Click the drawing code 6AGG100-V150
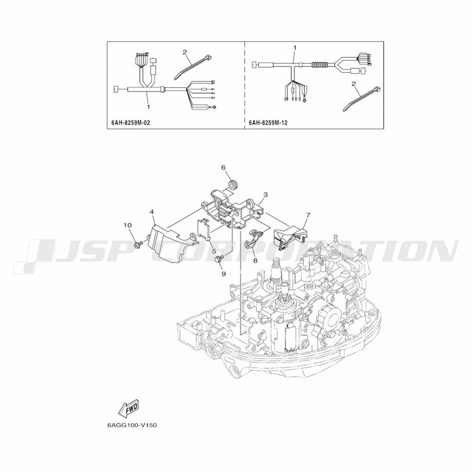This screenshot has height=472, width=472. pyautogui.click(x=132, y=425)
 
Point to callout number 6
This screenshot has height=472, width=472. pyautogui.click(x=224, y=168)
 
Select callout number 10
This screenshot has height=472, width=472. pyautogui.click(x=127, y=225)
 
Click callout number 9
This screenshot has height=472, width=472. pyautogui.click(x=224, y=274)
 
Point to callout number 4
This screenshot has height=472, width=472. pyautogui.click(x=152, y=212)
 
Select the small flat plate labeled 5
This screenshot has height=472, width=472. pyautogui.click(x=203, y=230)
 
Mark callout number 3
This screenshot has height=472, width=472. pyautogui.click(x=265, y=195)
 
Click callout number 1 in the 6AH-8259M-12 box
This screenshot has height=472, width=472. pyautogui.click(x=295, y=48)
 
